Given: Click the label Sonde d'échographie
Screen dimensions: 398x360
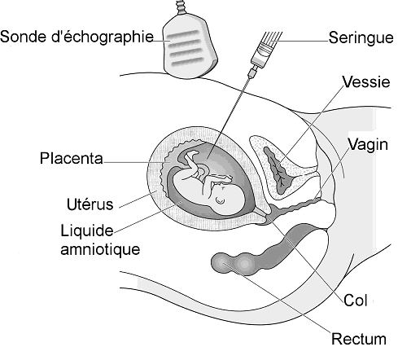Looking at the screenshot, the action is click(77, 37).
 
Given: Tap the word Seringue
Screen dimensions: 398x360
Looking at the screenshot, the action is click(361, 37).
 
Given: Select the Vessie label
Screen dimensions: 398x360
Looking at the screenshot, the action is click(365, 81).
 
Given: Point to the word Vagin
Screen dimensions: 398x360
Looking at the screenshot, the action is click(368, 145).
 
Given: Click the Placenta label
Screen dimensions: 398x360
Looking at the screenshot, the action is click(72, 158).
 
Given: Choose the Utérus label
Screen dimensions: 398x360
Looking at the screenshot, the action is click(90, 204).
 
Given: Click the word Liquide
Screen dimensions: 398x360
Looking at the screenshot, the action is click(87, 231).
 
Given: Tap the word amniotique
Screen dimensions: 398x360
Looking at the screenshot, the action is click(100, 249).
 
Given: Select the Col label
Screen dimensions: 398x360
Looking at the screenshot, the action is click(356, 301).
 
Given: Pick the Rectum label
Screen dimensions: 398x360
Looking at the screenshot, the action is click(359, 339).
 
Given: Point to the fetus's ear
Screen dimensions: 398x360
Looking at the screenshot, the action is click(220, 200).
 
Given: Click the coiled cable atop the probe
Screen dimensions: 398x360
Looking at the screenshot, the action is click(180, 7).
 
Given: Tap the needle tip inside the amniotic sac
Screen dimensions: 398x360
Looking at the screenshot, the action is click(207, 158).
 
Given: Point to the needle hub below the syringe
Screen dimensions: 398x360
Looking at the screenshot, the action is click(252, 72).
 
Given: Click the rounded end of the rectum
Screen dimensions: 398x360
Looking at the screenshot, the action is click(221, 262).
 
